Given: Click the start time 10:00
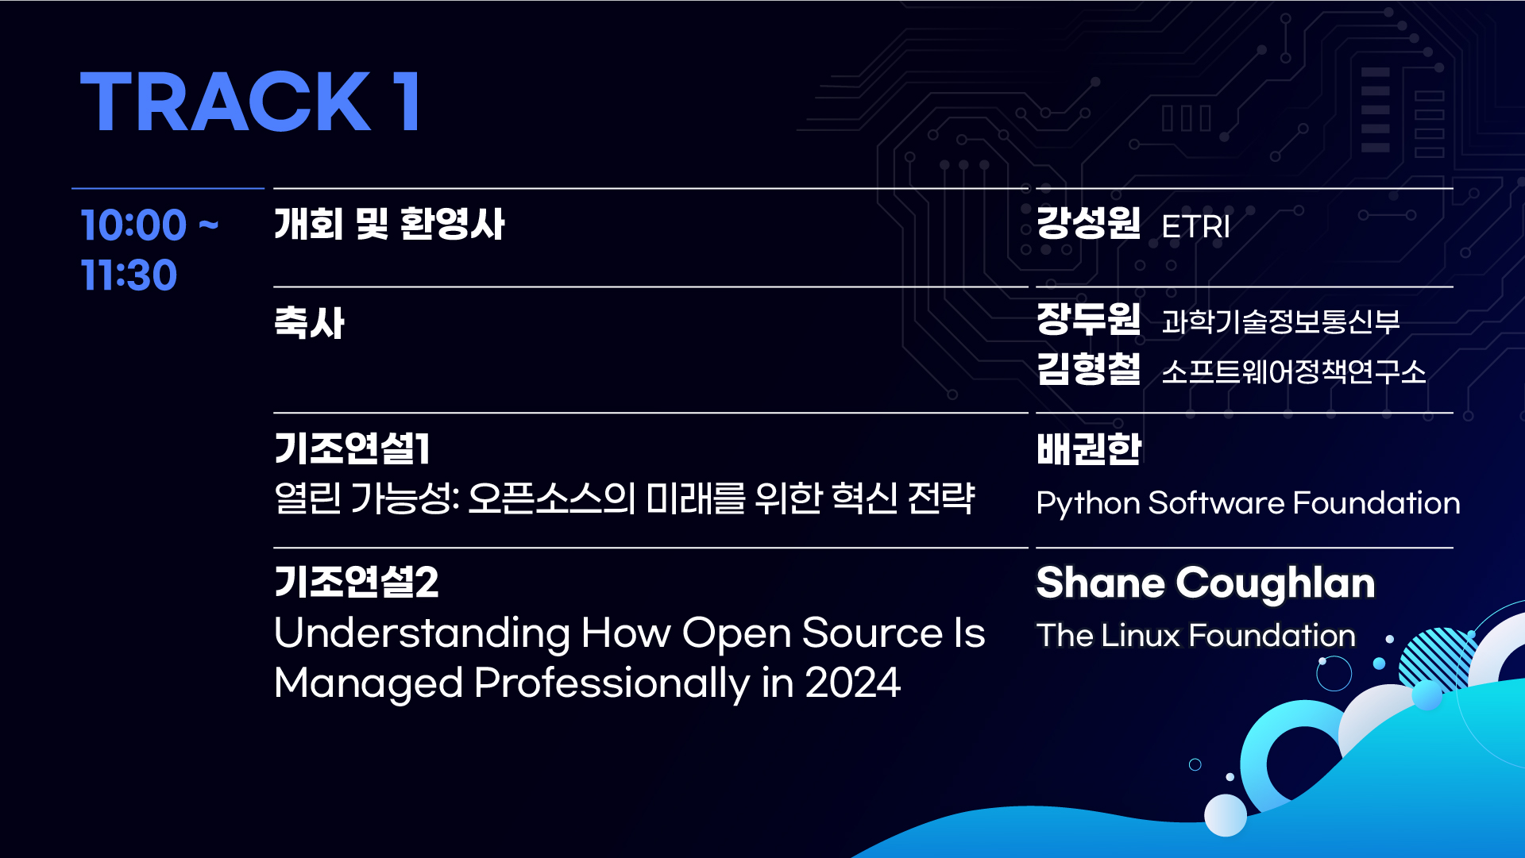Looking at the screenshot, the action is [133, 225].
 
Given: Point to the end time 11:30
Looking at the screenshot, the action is [129, 275].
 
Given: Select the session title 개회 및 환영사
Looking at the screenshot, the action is [389, 224].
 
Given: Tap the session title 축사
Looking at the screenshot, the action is [309, 323].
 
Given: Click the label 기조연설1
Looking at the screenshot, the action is [352, 448].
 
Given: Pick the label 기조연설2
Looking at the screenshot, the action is [356, 582].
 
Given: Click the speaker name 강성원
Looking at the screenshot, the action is [1088, 222].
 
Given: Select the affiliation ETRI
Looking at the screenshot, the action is [1195, 227].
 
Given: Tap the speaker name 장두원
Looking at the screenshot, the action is [1088, 319].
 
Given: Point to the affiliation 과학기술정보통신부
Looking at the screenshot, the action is [1280, 321].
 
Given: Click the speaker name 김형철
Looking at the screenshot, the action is [1088, 369].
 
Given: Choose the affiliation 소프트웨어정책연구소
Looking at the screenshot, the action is [1294, 371].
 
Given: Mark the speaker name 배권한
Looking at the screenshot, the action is [1088, 448].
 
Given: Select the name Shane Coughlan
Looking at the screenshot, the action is [1206, 584].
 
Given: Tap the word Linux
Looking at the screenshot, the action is [1141, 636].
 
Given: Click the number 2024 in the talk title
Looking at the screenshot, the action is [853, 683].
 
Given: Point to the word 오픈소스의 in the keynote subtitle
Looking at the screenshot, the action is [552, 498].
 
